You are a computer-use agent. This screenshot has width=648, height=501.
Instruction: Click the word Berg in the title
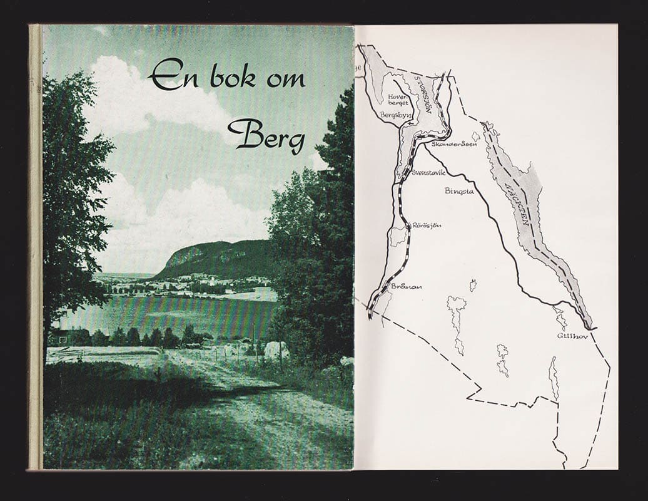pyautogui.click(x=266, y=135)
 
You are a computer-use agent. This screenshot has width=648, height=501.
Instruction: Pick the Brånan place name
pyautogui.click(x=406, y=286)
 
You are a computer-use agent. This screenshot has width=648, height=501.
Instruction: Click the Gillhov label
pyautogui.click(x=569, y=336)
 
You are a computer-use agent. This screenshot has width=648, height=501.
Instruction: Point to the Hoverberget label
pyautogui.click(x=398, y=100)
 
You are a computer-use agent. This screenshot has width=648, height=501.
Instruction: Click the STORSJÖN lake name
pyautogui.click(x=424, y=94)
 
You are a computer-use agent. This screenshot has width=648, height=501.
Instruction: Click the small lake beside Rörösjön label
pyautogui.click(x=397, y=237)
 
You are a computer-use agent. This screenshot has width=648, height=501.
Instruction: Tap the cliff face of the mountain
pyautogui.click(x=181, y=256)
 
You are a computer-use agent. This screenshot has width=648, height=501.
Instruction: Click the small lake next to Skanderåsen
pyautogui.click(x=476, y=136)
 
